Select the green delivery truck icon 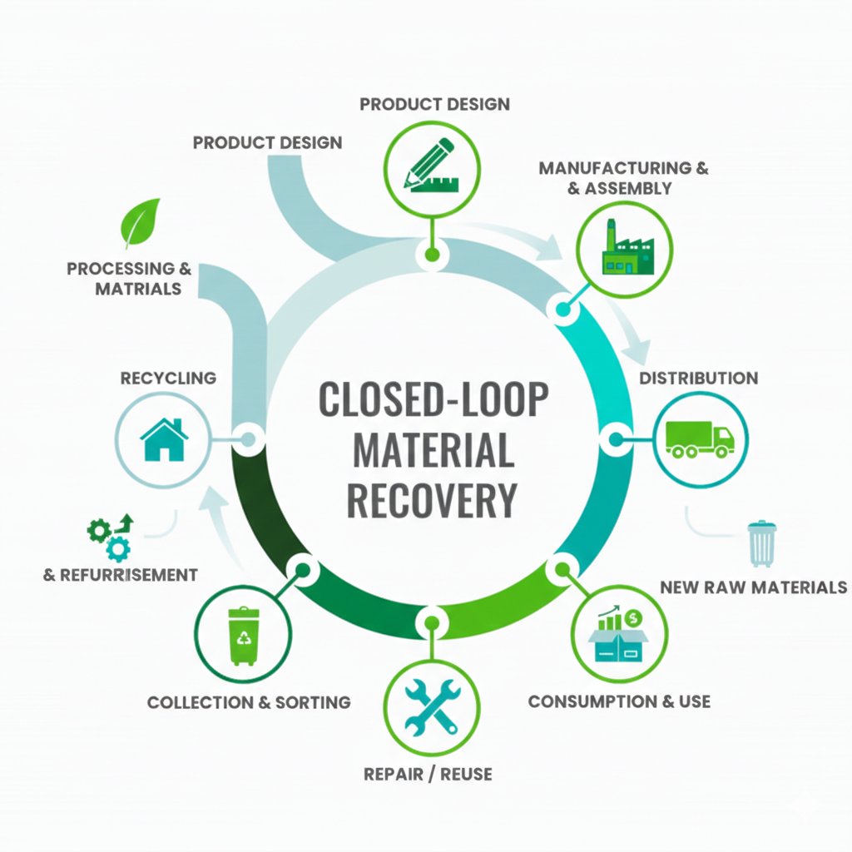pyautogui.click(x=700, y=438)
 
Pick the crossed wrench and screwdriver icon pyautogui.click(x=431, y=706)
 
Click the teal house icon pyautogui.click(x=164, y=439)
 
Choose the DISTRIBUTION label pyautogui.click(x=698, y=378)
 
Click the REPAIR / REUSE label pyautogui.click(x=428, y=775)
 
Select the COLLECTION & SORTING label pyautogui.click(x=249, y=702)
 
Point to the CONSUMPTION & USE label pyautogui.click(x=619, y=701)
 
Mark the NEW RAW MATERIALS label pyautogui.click(x=753, y=587)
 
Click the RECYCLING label pyautogui.click(x=168, y=378)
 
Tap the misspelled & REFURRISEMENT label pyautogui.click(x=121, y=575)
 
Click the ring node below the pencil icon pyautogui.click(x=431, y=254)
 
